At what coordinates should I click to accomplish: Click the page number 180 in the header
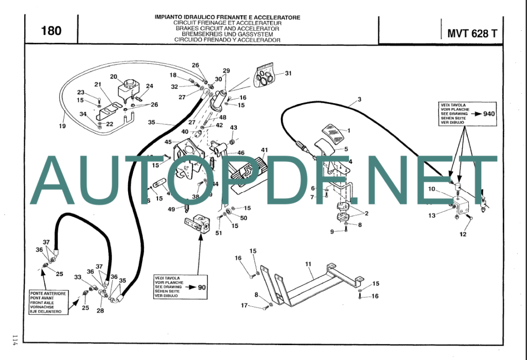coord(51,31)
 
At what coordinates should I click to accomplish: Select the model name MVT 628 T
coord(472,34)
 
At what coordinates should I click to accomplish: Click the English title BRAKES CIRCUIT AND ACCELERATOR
coord(227,28)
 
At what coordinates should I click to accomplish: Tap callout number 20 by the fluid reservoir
coord(114,77)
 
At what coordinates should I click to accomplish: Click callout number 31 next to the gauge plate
coord(288,73)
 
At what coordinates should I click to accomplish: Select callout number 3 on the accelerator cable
coord(359,99)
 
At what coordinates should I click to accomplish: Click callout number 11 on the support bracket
coord(308,264)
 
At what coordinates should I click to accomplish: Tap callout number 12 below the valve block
coord(463,234)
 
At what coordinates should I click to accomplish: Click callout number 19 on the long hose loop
coord(62,126)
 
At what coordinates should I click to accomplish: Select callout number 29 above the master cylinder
coord(226,71)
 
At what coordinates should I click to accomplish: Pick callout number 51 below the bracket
coord(219,233)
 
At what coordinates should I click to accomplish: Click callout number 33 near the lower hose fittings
coord(78,277)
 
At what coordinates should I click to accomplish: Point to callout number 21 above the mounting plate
coord(98,84)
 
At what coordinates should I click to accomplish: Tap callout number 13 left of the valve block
coord(432,215)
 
